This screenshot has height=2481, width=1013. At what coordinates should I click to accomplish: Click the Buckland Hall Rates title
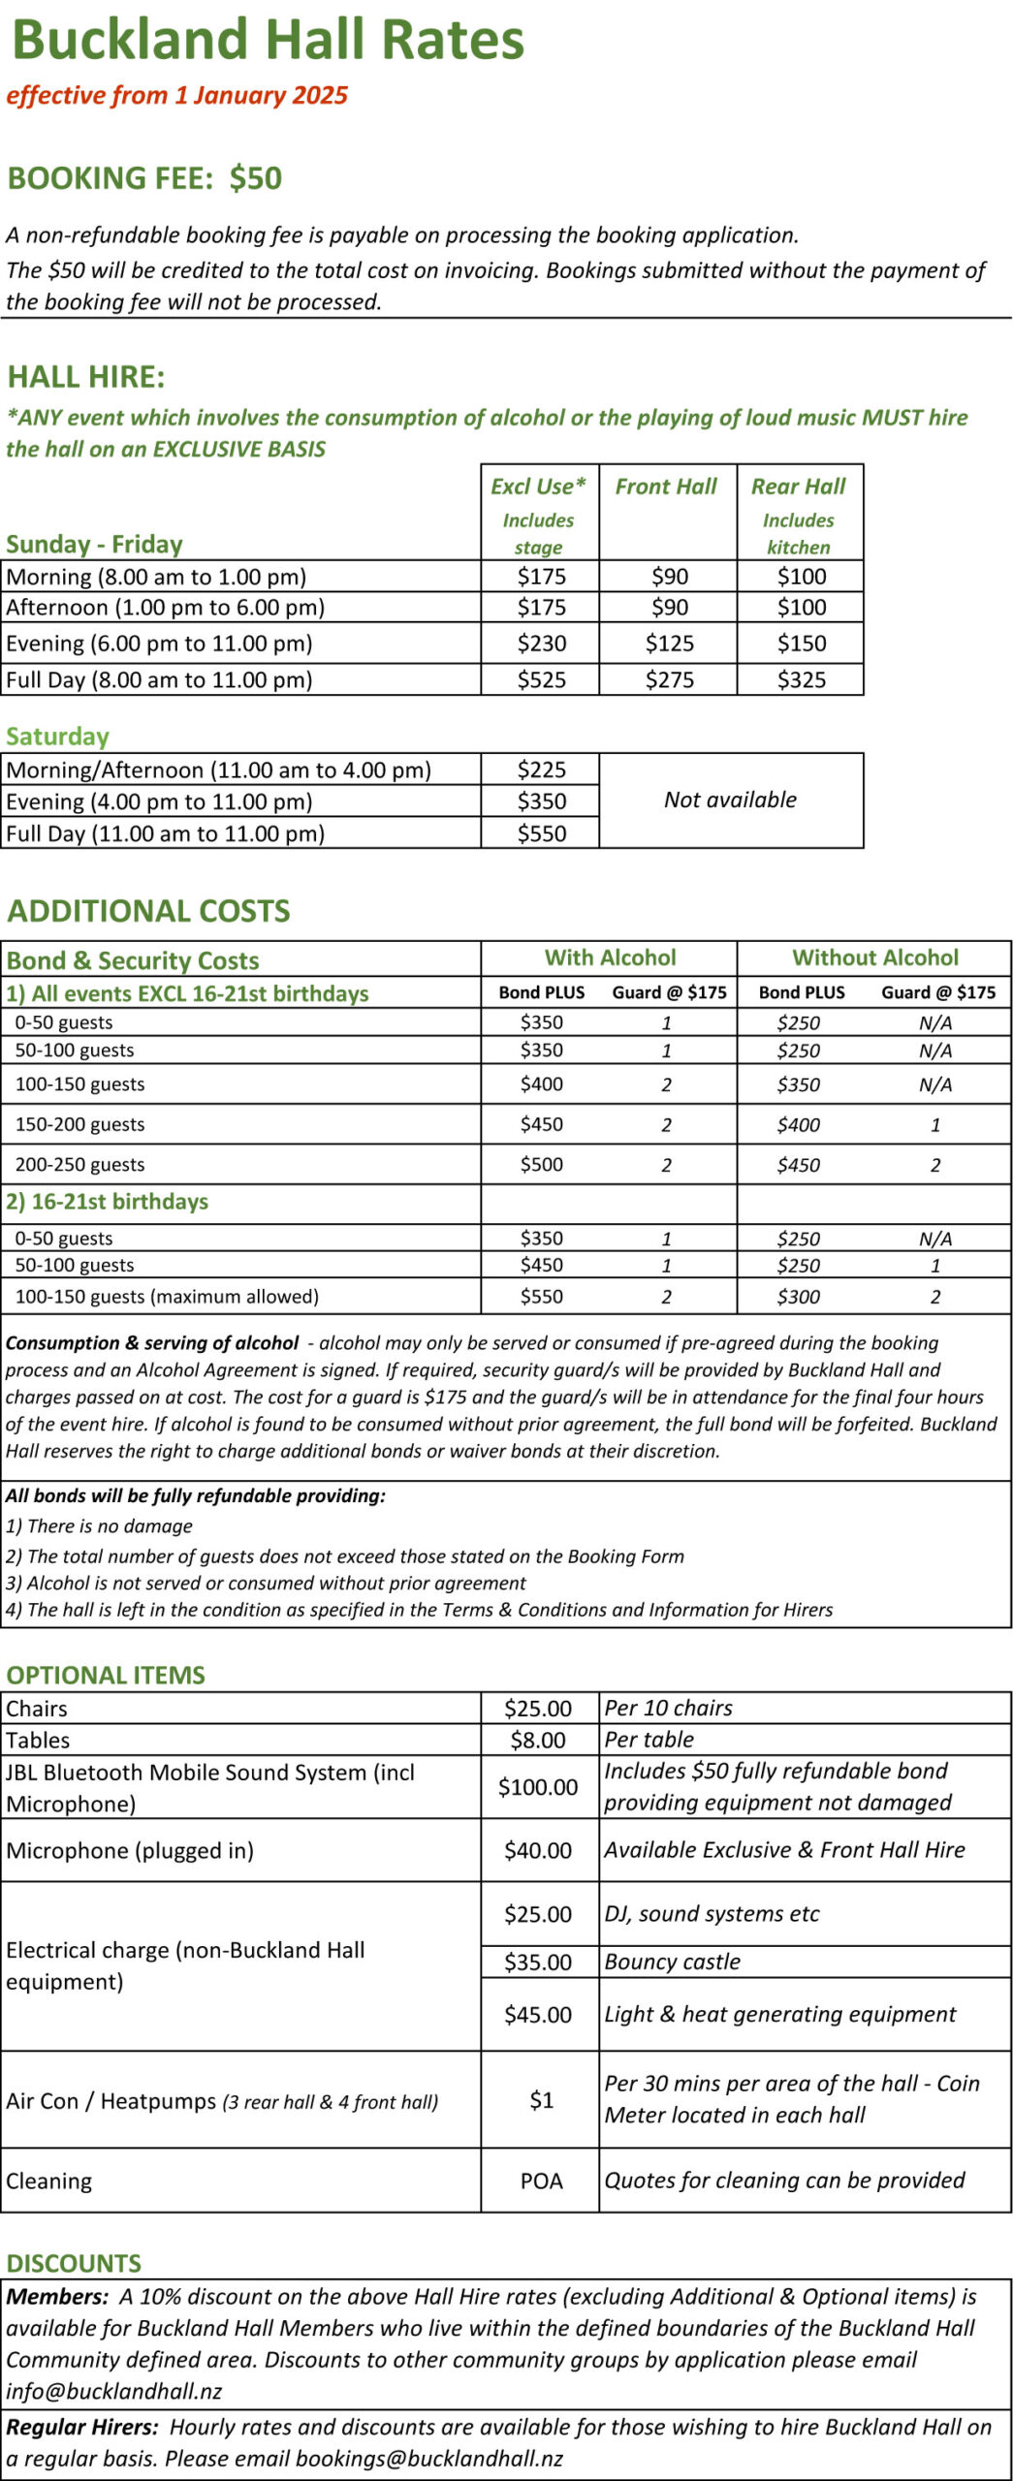click(x=268, y=41)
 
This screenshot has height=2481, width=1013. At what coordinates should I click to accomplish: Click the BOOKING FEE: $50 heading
click(x=144, y=178)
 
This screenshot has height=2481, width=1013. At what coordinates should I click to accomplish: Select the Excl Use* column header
click(x=538, y=487)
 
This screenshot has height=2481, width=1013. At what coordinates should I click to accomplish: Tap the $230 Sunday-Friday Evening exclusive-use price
click(x=541, y=644)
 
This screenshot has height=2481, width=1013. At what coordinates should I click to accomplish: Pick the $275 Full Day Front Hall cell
click(x=669, y=679)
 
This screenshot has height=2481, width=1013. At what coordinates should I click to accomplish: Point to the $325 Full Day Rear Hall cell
click(x=801, y=679)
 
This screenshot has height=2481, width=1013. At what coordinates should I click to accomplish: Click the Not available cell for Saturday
click(x=730, y=800)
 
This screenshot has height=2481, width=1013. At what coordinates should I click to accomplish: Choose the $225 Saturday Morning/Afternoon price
click(x=541, y=769)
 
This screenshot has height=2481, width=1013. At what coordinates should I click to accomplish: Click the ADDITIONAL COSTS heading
click(x=148, y=911)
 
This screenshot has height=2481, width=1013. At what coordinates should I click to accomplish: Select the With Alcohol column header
click(x=610, y=958)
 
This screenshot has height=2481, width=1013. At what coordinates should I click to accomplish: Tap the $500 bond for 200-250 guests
click(x=541, y=1164)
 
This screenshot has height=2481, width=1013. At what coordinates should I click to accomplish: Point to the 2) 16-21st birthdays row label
click(x=108, y=1202)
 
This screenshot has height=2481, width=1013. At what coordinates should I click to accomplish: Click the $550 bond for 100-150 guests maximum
click(x=541, y=1297)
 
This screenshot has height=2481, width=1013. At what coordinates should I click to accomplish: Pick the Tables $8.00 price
click(x=538, y=1740)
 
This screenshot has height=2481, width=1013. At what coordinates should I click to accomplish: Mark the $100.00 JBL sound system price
click(x=538, y=1787)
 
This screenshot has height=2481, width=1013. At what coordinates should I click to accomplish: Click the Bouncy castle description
click(x=672, y=1962)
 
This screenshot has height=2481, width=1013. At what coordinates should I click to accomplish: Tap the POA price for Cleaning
click(x=541, y=2181)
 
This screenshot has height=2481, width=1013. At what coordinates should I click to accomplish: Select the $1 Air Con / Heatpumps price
click(x=541, y=2100)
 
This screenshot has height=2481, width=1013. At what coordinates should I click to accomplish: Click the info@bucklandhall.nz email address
click(x=114, y=2391)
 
